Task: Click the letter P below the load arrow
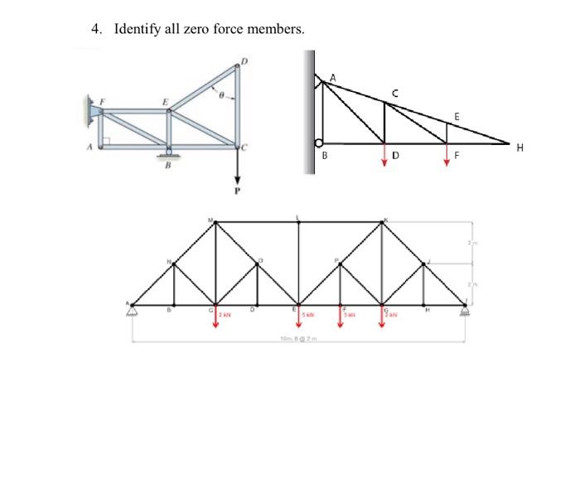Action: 237,190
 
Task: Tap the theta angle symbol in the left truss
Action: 220,96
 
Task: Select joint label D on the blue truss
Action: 244,60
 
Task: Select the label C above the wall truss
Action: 395,94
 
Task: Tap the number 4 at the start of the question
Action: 95,30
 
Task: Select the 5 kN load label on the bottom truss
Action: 307,315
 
